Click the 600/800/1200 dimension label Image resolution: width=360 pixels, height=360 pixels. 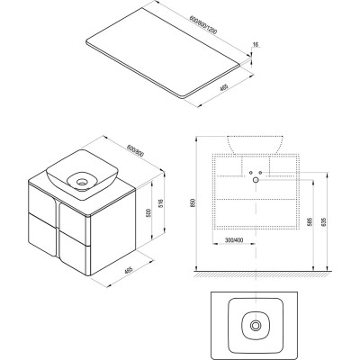coord(203,26)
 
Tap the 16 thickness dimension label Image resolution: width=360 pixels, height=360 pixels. coord(256,45)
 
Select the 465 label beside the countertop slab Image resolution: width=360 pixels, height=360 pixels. coord(224,88)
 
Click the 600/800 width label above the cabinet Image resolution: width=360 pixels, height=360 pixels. coord(136,150)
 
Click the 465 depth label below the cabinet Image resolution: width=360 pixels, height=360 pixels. coord(129,270)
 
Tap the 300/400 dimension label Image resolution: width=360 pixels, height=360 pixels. coord(234,240)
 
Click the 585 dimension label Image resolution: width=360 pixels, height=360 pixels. coord(309,222)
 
